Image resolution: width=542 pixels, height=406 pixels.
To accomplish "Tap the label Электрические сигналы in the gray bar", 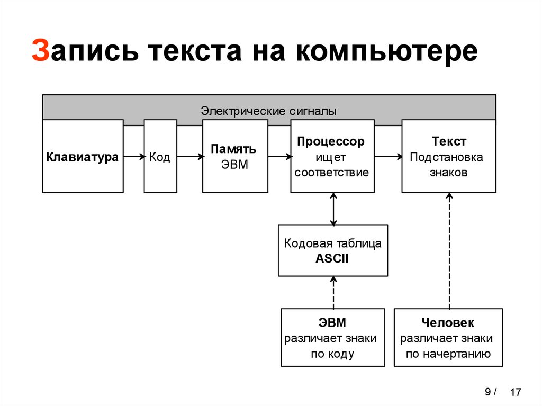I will tap(268, 111).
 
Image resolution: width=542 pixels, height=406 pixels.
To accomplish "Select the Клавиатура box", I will tap(83, 157).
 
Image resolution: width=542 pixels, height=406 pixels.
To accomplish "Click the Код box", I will tap(160, 157).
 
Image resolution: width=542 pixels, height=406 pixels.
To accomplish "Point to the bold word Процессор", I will tap(331, 142).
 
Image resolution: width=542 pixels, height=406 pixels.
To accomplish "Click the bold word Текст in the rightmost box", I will tap(449, 142).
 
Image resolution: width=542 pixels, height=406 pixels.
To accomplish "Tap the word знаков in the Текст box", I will tap(448, 173).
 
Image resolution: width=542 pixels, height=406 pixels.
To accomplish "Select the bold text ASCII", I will tap(332, 259).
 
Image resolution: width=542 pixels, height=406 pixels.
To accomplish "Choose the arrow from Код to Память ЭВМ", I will tap(189, 157).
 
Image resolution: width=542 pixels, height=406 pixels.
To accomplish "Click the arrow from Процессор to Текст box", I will tap(387, 157).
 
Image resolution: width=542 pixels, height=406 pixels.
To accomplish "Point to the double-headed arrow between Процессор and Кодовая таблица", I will tap(333, 209).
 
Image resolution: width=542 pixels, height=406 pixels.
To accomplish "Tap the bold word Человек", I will tap(448, 323).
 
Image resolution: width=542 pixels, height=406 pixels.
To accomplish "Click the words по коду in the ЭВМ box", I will tap(332, 354).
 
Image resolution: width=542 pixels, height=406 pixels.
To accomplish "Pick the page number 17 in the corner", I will tap(516, 393).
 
